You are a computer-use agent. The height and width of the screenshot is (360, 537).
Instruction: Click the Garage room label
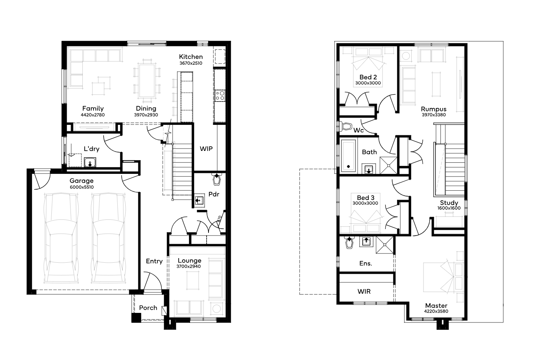pos(82,181)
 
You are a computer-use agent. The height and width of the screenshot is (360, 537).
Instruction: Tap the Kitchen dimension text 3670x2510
pos(191,63)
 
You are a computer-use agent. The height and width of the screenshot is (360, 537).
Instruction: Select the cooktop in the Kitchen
pos(220,95)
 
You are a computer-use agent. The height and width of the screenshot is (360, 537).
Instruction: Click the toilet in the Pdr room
pos(217,179)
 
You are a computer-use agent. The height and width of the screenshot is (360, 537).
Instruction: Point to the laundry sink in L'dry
pos(90,162)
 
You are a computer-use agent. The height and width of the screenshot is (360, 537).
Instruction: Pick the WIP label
pos(206,149)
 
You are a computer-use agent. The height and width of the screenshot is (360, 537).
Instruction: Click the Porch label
pos(148,308)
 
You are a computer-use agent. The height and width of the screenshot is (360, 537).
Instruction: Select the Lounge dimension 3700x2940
pos(189,266)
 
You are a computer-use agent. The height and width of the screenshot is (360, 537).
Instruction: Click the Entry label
pos(154,261)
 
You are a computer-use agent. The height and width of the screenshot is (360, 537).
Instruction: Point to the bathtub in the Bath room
pos(348,156)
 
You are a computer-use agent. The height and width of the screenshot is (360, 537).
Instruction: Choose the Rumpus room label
pos(434,109)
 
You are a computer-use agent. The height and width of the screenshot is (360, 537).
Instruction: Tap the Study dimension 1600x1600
pos(449,208)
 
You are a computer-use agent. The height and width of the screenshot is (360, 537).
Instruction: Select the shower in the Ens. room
pos(384,245)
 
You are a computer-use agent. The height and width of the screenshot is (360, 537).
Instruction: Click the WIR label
pos(364,291)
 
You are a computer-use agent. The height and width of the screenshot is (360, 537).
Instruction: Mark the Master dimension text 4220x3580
pos(436,311)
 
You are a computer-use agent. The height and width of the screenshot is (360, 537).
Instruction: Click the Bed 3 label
pos(366,198)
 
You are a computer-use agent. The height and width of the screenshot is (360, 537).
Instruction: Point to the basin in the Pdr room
pos(199,200)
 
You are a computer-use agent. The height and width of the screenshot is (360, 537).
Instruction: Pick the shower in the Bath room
pos(388,165)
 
